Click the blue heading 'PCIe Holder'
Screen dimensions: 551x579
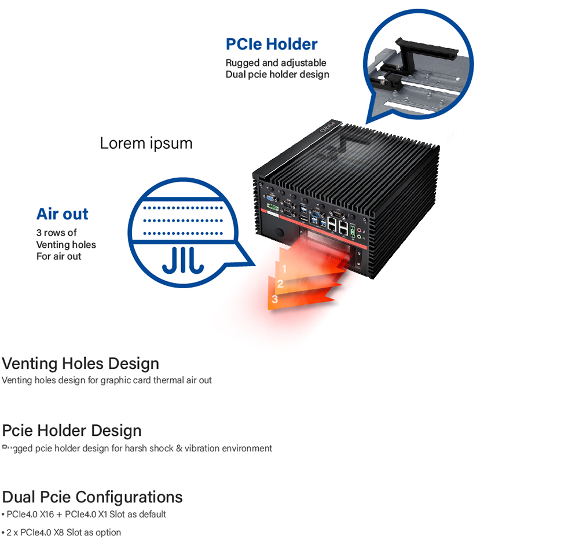pos(271,44)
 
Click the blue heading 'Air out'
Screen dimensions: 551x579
pos(62,214)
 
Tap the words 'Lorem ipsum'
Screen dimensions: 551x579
pos(146,143)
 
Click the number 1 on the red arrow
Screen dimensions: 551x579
pos(284,269)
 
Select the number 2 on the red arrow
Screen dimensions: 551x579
pos(280,284)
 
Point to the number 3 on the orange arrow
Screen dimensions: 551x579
pos(274,299)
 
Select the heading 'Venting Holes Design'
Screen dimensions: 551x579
pos(80,363)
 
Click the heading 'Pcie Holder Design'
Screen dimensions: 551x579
pos(72,431)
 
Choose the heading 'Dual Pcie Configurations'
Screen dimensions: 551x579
pos(92,497)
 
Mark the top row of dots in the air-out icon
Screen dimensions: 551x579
pos(182,207)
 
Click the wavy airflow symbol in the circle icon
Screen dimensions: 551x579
pos(182,260)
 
